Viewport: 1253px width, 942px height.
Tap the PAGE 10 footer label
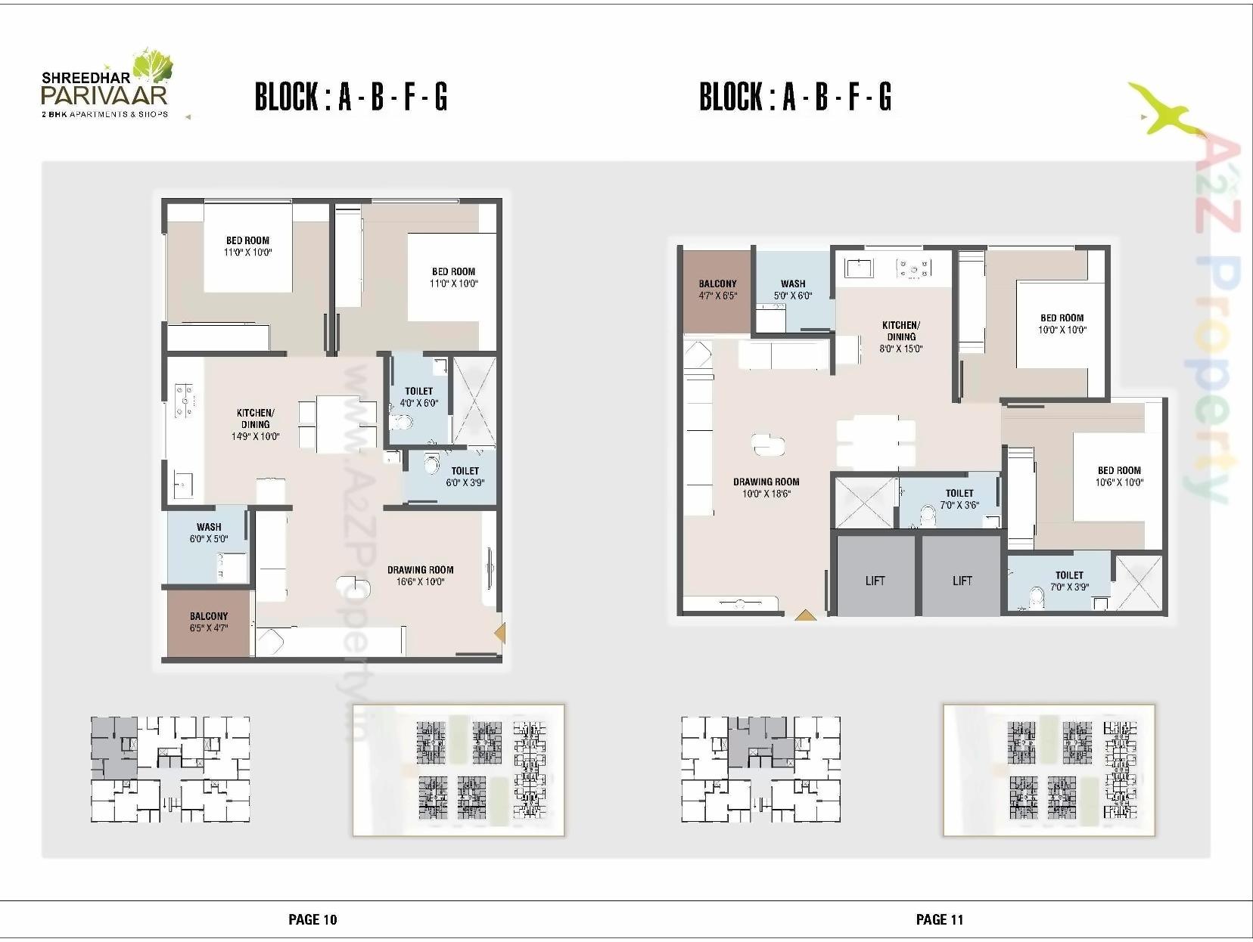coord(312,919)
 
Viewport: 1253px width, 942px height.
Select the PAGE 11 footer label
coord(939,919)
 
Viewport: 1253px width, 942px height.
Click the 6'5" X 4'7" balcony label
coord(209,622)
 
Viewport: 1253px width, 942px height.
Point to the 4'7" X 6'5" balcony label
coord(717,290)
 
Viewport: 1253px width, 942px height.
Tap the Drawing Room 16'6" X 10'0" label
coord(420,576)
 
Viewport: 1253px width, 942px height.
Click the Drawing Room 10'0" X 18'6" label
coord(766,488)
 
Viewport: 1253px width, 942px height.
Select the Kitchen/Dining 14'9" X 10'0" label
coord(255,424)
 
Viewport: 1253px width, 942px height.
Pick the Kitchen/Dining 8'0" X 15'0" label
coord(900,336)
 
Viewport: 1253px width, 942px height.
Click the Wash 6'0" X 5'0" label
coord(209,533)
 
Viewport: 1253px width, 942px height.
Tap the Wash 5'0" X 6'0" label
coord(793,290)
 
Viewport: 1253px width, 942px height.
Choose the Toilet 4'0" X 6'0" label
coord(418,398)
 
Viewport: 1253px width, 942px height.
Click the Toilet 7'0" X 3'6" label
coord(959,499)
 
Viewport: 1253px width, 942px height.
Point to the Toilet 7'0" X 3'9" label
coord(1069,581)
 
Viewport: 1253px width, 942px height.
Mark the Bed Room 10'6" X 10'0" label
coord(1119,476)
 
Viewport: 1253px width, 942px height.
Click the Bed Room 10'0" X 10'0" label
coord(1062,324)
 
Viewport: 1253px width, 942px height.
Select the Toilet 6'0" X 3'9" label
coord(465,476)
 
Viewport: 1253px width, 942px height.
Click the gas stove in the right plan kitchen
coord(913,267)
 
